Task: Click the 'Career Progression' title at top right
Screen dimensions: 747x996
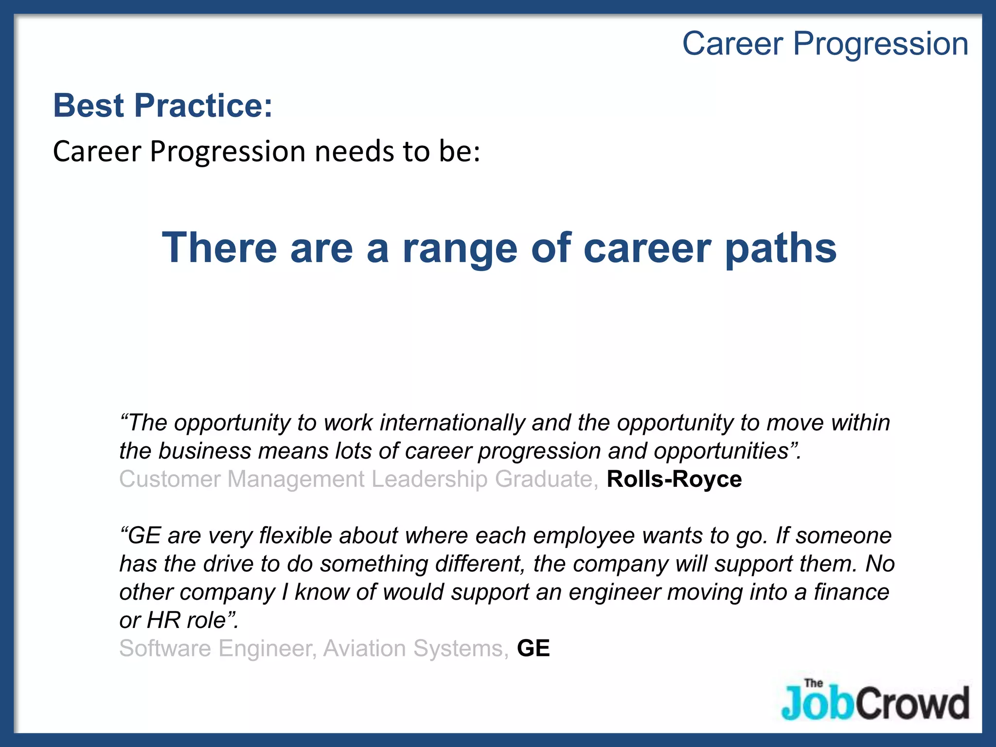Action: pyautogui.click(x=825, y=44)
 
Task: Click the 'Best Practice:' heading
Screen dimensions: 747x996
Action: pyautogui.click(x=162, y=106)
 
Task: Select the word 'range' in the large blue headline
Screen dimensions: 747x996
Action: pyautogui.click(x=460, y=249)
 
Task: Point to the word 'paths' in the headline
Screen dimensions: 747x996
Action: pyautogui.click(x=781, y=249)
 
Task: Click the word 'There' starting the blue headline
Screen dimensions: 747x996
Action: pyautogui.click(x=219, y=248)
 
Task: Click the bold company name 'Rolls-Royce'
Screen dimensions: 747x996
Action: pyautogui.click(x=674, y=479)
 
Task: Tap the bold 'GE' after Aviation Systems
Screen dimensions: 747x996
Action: pyautogui.click(x=533, y=648)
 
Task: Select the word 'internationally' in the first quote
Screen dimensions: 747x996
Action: pyautogui.click(x=452, y=423)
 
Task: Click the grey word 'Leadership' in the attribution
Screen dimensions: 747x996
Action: pyautogui.click(x=429, y=479)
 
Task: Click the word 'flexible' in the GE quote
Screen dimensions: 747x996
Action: pyautogui.click(x=296, y=535)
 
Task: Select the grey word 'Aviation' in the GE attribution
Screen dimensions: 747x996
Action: pyautogui.click(x=364, y=648)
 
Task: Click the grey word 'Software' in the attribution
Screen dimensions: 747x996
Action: pyautogui.click(x=165, y=648)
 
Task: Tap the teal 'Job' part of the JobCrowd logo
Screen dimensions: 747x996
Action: pyautogui.click(x=817, y=703)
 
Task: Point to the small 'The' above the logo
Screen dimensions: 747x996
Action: pyautogui.click(x=814, y=683)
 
